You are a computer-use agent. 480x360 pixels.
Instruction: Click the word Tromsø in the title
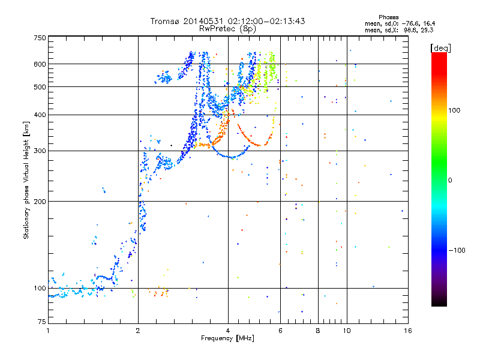165,22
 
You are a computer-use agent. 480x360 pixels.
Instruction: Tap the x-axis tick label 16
407,331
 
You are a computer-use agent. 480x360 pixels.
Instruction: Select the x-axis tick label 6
280,331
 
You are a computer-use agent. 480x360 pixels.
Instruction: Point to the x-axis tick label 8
318,331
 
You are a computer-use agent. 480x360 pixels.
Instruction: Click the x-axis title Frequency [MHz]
227,339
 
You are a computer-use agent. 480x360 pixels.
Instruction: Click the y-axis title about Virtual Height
26,180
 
